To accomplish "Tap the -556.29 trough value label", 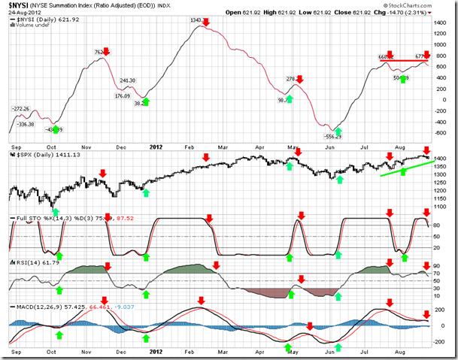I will click(x=330, y=136).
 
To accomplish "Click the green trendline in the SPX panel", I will click(x=406, y=168).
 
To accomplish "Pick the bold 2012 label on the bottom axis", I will click(x=155, y=352).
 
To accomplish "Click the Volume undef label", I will click(x=30, y=26).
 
